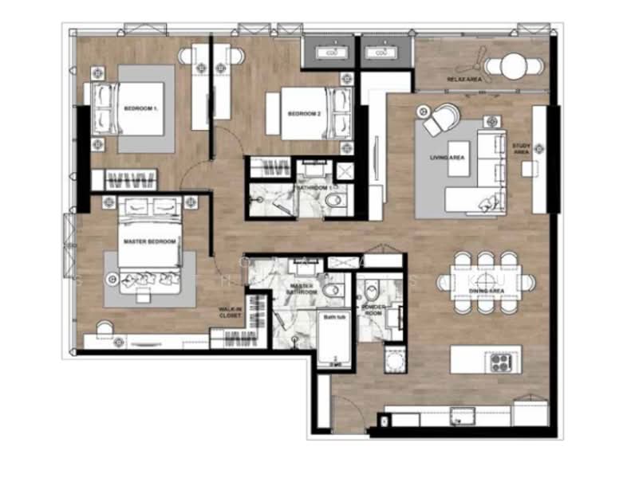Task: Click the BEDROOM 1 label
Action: point(140,108)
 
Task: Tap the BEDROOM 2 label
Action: point(304,114)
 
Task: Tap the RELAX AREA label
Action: point(463,80)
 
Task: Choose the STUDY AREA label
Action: point(521,148)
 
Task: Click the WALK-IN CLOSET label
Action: point(231,312)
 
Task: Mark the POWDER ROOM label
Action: point(373,308)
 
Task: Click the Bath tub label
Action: point(332,317)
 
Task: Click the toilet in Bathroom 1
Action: point(336,200)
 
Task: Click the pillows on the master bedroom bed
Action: point(149,278)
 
